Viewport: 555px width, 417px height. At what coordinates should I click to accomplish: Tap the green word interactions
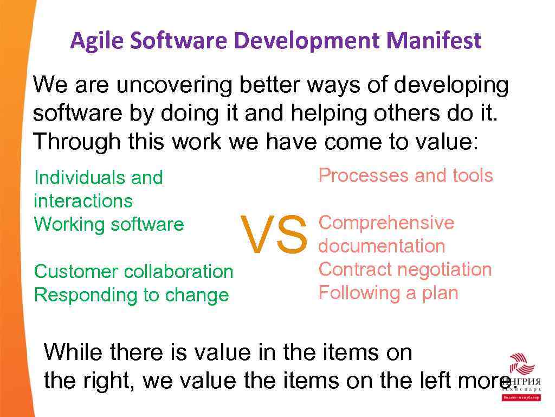[83, 201]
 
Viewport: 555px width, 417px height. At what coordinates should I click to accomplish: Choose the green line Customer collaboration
[133, 271]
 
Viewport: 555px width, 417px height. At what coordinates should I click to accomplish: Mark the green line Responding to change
[131, 295]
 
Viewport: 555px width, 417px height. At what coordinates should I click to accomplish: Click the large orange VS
[274, 235]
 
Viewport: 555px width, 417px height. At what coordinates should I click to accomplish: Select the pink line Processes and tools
[405, 175]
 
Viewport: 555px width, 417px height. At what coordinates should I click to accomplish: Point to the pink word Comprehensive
[386, 223]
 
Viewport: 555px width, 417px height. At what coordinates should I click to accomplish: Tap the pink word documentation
[382, 246]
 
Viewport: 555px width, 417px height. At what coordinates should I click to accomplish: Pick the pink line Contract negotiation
[405, 269]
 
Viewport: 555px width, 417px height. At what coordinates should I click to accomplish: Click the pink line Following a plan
[388, 293]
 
